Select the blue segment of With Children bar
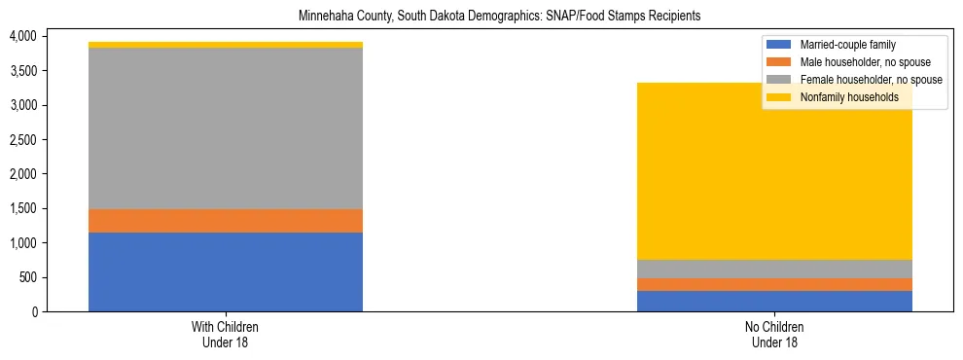coord(226,271)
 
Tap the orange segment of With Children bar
coord(226,221)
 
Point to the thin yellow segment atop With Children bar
coord(226,45)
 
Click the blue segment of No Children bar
coord(774,301)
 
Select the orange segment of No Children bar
coord(774,284)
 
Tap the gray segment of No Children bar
coord(774,269)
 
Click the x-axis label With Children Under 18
coord(226,334)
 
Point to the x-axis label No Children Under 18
coord(774,334)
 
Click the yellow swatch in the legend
coord(779,97)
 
